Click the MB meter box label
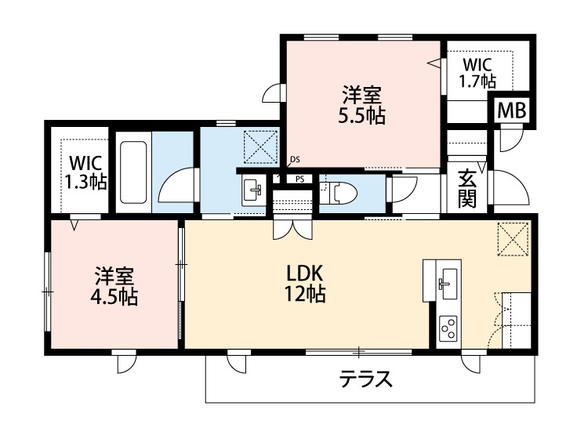click(x=514, y=111)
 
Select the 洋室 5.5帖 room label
click(x=361, y=106)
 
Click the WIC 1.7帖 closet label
click(x=477, y=71)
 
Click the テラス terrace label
click(x=365, y=379)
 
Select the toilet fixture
click(x=339, y=191)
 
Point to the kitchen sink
click(x=448, y=281)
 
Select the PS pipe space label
click(x=299, y=179)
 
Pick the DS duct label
click(x=295, y=160)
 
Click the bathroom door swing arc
click(x=176, y=188)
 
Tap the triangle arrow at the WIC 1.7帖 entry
click(x=434, y=64)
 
